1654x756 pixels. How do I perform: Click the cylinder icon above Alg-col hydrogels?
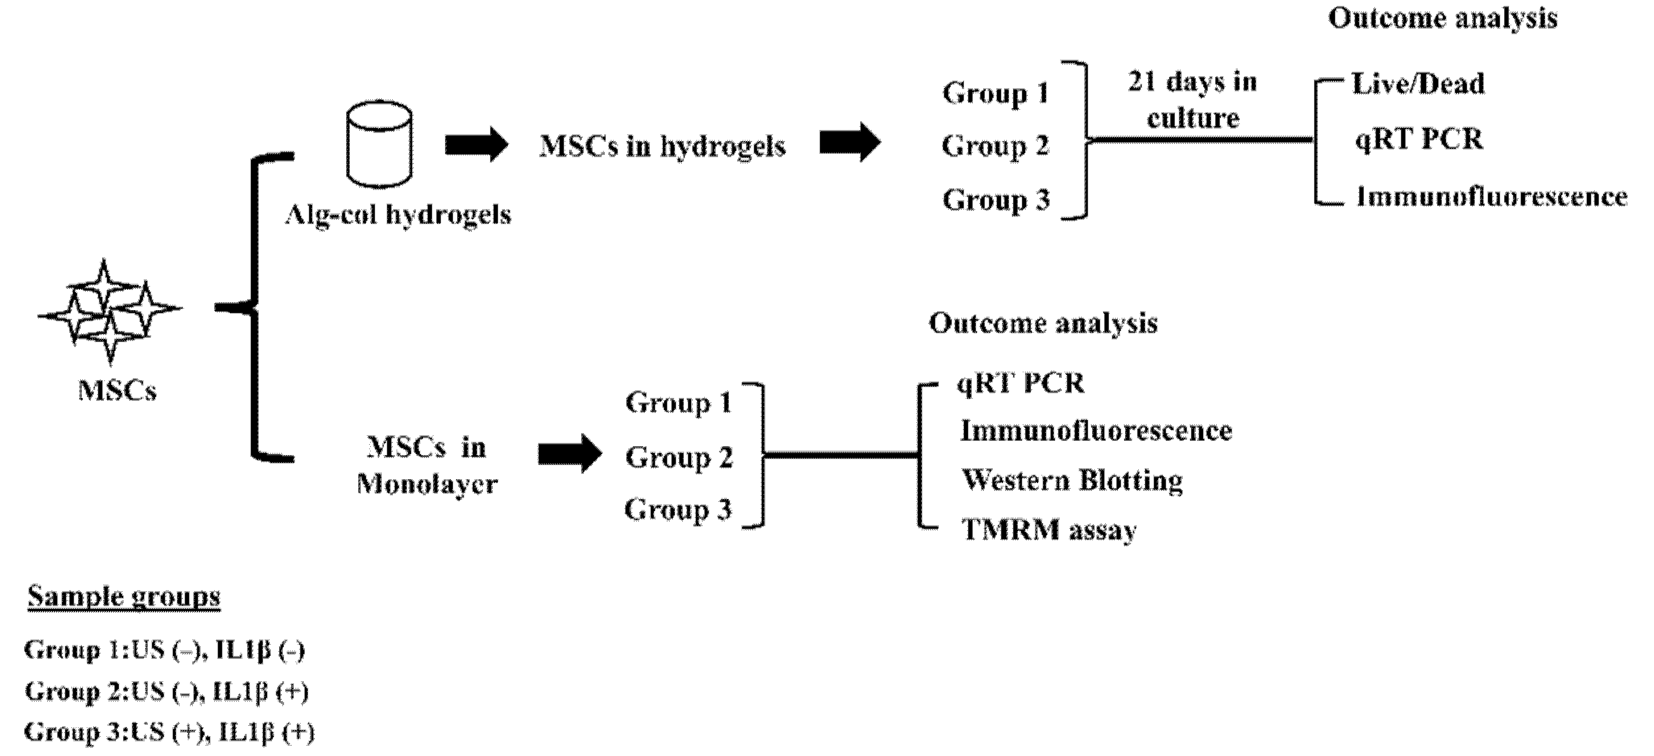[379, 143]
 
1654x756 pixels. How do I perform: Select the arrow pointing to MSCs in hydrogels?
[476, 144]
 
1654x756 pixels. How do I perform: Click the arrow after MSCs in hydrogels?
[849, 143]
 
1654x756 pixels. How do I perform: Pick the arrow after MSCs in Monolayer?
[569, 453]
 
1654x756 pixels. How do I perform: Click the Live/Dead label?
[1418, 84]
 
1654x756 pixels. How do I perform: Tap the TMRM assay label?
[1049, 530]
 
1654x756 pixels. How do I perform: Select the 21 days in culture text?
[1193, 100]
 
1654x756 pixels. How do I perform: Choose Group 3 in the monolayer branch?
[677, 510]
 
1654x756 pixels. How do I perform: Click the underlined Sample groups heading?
[124, 597]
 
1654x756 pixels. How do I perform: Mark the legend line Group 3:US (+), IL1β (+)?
[169, 732]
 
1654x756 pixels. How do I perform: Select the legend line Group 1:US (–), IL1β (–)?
[164, 650]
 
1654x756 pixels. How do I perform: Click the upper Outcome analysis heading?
[1442, 18]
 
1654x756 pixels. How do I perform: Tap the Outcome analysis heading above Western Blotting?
[1043, 323]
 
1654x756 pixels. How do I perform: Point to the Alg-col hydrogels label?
[398, 214]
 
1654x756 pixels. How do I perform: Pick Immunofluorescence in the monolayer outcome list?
[1095, 430]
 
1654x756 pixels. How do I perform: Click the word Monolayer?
[427, 484]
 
